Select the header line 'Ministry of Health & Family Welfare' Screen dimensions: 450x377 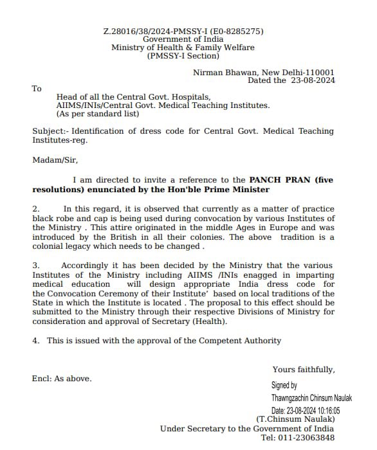click(183, 48)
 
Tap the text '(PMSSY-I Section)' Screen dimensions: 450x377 click(183, 56)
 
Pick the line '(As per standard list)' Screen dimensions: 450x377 click(97, 114)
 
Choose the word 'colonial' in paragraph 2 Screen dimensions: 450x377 click(49, 246)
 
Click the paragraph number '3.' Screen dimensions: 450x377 click(36, 265)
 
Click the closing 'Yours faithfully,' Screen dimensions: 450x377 click(303, 370)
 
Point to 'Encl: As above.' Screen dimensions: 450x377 click(62, 379)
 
